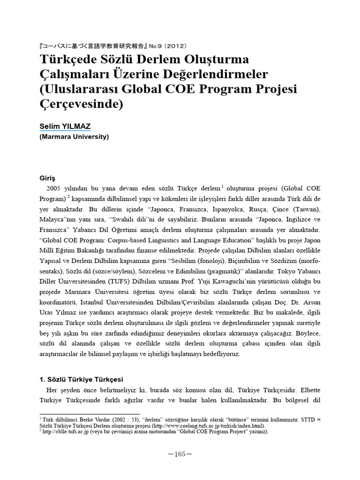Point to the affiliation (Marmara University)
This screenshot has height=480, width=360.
coord(74,137)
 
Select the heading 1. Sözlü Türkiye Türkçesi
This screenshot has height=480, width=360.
coord(81,379)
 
